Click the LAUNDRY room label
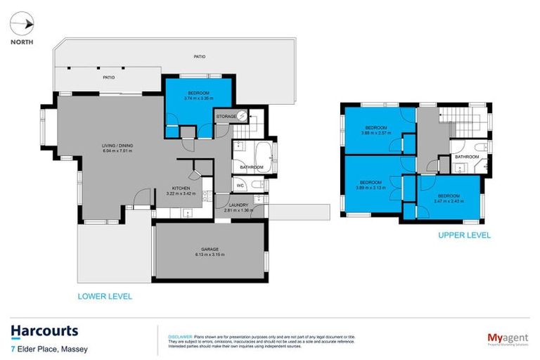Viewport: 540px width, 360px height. pos(238,205)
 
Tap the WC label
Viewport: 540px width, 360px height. pos(240,186)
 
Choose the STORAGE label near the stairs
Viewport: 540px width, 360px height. pos(226,115)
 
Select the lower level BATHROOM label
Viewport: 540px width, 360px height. pos(251,167)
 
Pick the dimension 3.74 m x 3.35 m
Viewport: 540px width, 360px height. pos(198,99)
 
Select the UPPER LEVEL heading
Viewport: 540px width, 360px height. pos(464,235)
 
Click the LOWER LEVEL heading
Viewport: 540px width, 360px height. pos(104,296)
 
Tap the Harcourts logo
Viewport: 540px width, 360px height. pos(44,330)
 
